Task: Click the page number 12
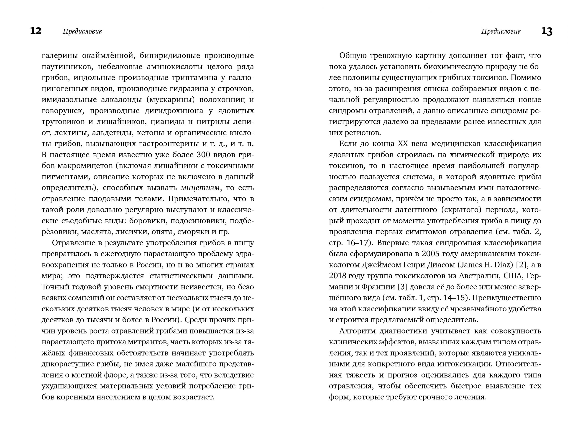[36, 31]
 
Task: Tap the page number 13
[547, 31]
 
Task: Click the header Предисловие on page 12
[82, 31]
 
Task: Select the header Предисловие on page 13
[501, 31]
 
